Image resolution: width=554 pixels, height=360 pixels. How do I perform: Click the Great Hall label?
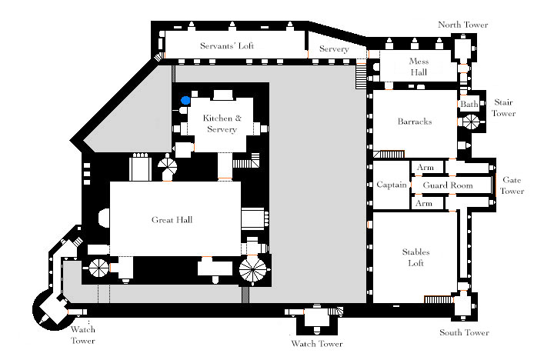click(x=172, y=220)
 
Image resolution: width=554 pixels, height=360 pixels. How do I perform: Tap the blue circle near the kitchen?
click(x=185, y=101)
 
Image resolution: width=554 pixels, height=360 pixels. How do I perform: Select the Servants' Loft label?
click(x=227, y=46)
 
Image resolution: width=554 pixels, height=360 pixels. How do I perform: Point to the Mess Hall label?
click(x=419, y=67)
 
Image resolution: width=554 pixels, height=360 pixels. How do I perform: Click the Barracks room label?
click(x=415, y=122)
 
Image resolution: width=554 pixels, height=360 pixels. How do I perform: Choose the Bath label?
click(x=469, y=105)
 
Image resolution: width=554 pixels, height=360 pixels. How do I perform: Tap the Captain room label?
click(x=392, y=185)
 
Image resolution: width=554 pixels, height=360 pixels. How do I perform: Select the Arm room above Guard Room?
click(x=426, y=167)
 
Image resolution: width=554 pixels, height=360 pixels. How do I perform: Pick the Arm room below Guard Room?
click(x=426, y=204)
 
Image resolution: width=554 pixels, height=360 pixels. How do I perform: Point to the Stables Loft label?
click(x=415, y=258)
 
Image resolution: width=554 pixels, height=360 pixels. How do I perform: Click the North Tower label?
click(x=462, y=25)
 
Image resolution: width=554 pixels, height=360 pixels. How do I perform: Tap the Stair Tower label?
click(x=504, y=108)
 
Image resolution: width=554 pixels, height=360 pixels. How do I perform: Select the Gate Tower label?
click(x=512, y=185)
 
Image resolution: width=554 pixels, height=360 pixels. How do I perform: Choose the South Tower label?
click(x=463, y=332)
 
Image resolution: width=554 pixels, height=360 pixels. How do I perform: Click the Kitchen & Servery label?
click(x=222, y=124)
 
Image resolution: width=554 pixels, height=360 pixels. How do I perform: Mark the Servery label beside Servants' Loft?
click(x=334, y=49)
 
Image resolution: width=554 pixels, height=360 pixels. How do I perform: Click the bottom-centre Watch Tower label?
click(x=316, y=344)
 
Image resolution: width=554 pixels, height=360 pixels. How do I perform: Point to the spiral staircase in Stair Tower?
click(x=469, y=122)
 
